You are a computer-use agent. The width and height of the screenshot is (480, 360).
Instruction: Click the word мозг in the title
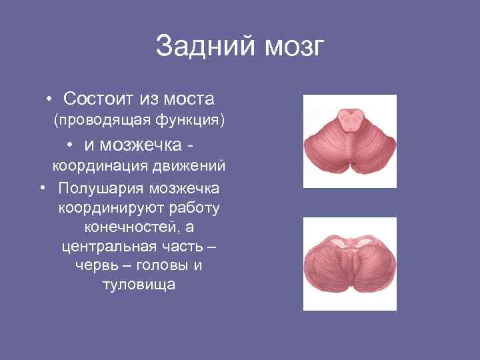point(294,47)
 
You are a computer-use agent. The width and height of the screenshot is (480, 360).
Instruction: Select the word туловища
point(139,285)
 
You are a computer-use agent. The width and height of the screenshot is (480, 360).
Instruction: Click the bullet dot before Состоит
point(51,100)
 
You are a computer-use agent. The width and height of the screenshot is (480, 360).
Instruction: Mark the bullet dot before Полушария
point(43,190)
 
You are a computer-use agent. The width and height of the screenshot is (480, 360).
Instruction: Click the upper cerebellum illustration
point(349,141)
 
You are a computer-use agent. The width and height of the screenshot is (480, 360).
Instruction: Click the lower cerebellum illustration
point(349,263)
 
